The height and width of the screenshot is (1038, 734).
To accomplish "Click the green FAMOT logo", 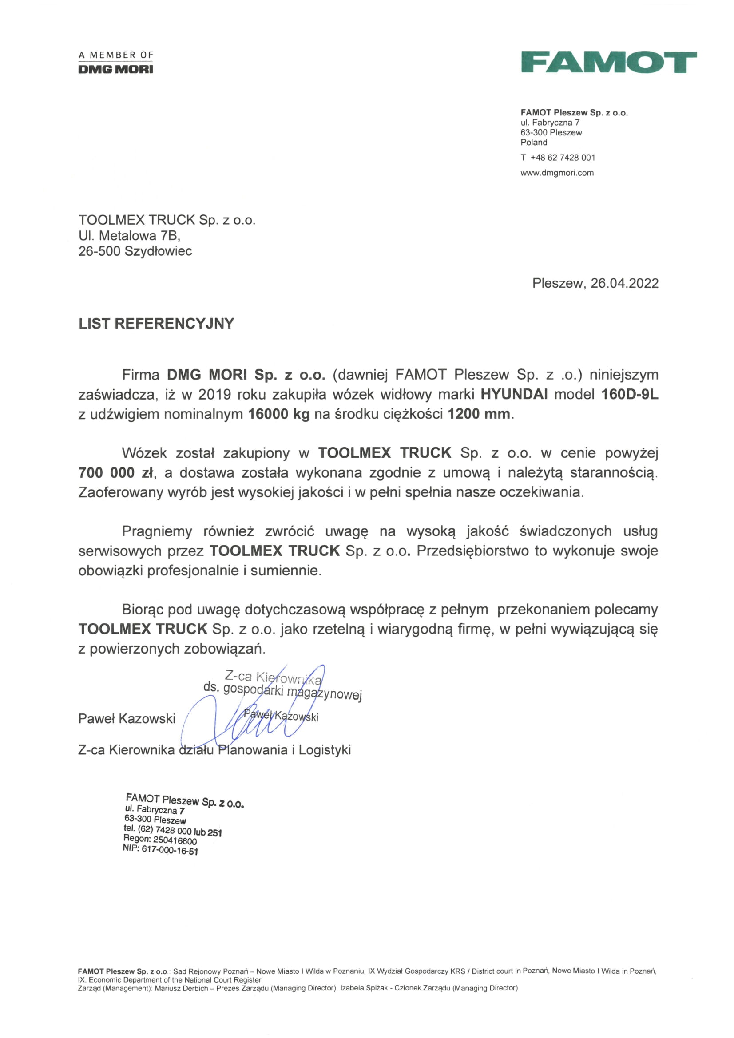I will click(x=608, y=62).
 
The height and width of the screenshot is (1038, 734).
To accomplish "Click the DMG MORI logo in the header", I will click(x=116, y=69).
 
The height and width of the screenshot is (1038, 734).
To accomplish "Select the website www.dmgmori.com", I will click(x=557, y=173).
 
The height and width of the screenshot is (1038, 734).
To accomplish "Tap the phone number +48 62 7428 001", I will click(x=563, y=157).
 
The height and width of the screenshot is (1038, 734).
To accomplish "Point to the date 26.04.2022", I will click(x=624, y=283).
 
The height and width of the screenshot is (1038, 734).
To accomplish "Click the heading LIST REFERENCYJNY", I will click(x=156, y=324).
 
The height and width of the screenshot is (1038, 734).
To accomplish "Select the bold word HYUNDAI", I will click(x=514, y=394).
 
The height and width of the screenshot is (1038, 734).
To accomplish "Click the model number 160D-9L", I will click(x=630, y=394).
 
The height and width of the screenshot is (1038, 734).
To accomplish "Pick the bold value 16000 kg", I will click(x=279, y=414).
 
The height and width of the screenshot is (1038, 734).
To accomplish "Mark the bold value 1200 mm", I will click(x=479, y=414).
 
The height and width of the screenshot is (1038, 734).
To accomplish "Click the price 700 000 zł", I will click(x=116, y=473).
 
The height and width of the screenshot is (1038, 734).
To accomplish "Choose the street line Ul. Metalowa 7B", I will click(x=129, y=236).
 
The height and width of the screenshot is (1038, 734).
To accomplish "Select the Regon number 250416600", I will click(x=175, y=840).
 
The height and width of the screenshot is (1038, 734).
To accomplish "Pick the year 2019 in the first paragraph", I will click(x=214, y=394).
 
